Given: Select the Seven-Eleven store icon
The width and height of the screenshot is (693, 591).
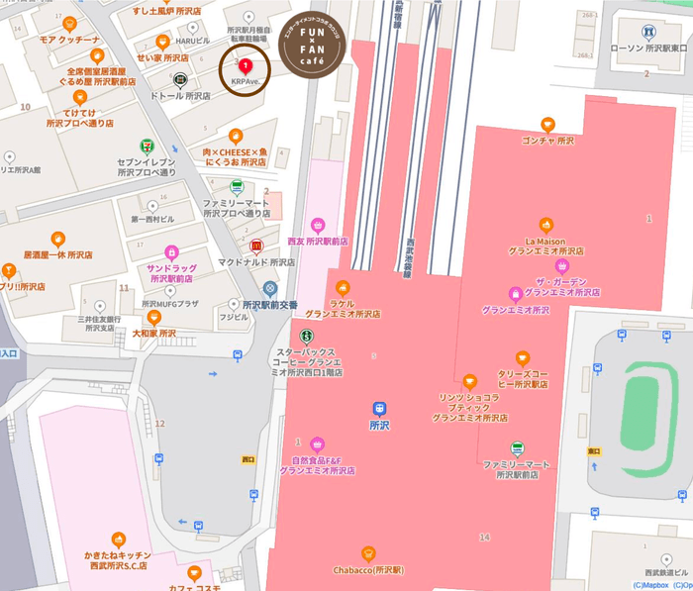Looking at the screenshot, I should coord(147,146).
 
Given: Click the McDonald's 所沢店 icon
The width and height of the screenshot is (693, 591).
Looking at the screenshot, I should coord(256,246).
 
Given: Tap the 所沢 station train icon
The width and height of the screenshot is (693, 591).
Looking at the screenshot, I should coord(379,408).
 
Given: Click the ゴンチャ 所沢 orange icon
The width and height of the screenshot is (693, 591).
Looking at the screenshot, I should coord(546,124).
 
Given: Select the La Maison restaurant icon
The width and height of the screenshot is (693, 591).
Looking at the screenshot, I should coord(544,225).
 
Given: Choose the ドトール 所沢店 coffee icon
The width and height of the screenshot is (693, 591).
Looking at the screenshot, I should coord(180,80).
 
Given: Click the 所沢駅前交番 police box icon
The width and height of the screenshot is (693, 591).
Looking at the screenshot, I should coord(256,288).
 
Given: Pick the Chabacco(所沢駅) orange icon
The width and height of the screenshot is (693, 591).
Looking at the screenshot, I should coord(368,553).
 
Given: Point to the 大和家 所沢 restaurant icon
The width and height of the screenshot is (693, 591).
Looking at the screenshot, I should coord(153,317).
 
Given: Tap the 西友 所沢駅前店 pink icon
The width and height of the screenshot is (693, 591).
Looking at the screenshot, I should coord(318,225).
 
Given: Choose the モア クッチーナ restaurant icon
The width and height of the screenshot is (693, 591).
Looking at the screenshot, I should coord(67,23).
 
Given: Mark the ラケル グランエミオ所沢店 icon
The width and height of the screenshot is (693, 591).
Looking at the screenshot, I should coord(344,288).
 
